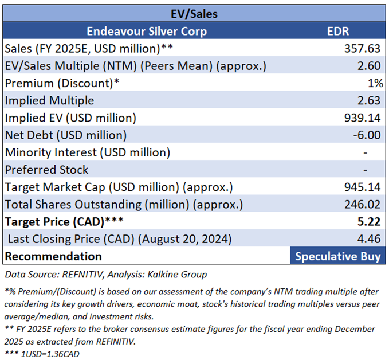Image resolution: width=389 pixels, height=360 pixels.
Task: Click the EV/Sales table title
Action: pyautogui.click(x=194, y=13)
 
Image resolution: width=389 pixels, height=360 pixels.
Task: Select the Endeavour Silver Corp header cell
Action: pyautogui.click(x=147, y=31)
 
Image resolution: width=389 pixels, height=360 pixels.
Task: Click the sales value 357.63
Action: pyautogui.click(x=363, y=48)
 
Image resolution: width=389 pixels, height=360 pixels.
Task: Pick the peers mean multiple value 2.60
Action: pyautogui.click(x=370, y=65)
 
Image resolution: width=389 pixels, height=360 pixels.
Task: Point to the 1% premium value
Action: pyautogui.click(x=375, y=83)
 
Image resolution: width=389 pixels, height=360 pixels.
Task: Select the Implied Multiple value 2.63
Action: pyautogui.click(x=370, y=100)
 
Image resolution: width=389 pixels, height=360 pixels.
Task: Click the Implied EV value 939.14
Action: pyautogui.click(x=363, y=118)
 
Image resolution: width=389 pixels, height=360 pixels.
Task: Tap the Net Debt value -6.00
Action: pyautogui.click(x=367, y=135)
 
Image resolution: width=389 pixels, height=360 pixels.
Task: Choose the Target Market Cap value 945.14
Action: pyautogui.click(x=363, y=187)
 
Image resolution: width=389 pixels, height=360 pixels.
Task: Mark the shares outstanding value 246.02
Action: pyautogui.click(x=363, y=204)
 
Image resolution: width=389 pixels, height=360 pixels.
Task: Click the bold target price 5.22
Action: pyautogui.click(x=370, y=221)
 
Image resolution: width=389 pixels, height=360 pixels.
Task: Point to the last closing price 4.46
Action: pyautogui.click(x=370, y=239)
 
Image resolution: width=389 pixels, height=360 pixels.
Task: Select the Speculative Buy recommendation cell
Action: pyautogui.click(x=337, y=256)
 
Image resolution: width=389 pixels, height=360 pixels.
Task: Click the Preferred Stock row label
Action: pyautogui.click(x=47, y=170)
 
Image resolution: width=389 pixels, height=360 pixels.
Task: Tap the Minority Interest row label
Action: pyautogui.click(x=88, y=152)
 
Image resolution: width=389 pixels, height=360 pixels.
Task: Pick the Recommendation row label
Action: pyautogui.click(x=53, y=256)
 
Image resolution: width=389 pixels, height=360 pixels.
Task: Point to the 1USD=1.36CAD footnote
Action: pyautogui.click(x=43, y=353)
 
